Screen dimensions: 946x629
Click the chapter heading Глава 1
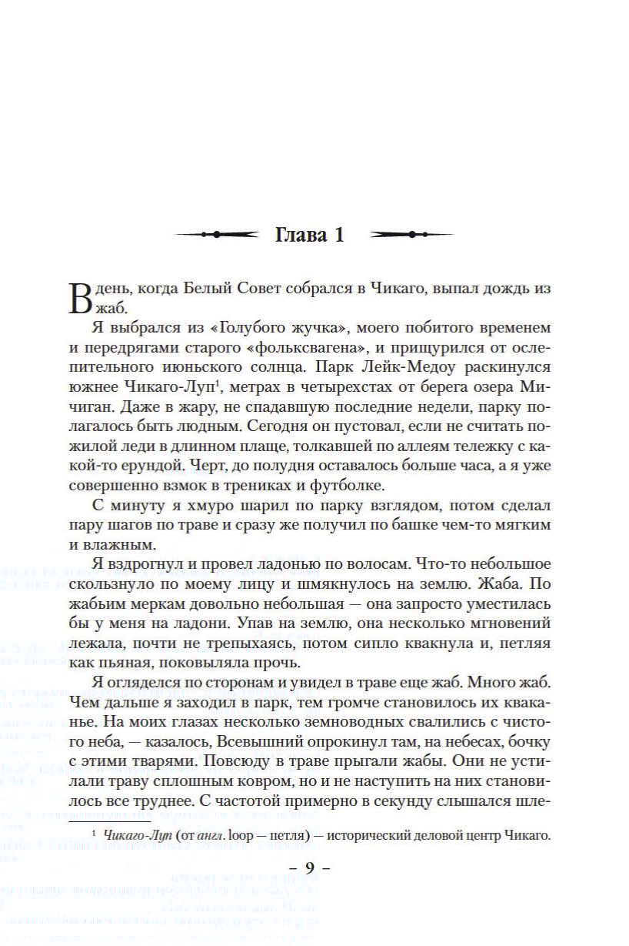point(309,236)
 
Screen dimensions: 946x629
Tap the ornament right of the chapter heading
point(411,235)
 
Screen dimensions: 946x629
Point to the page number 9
point(310,868)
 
